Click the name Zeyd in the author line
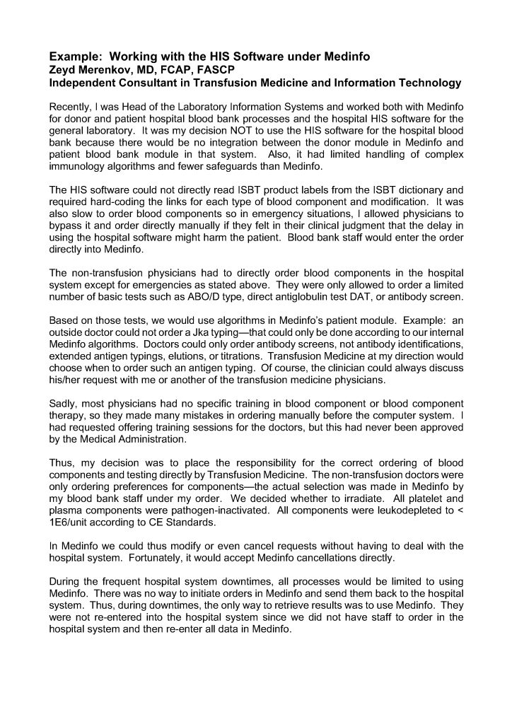tap(62, 69)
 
